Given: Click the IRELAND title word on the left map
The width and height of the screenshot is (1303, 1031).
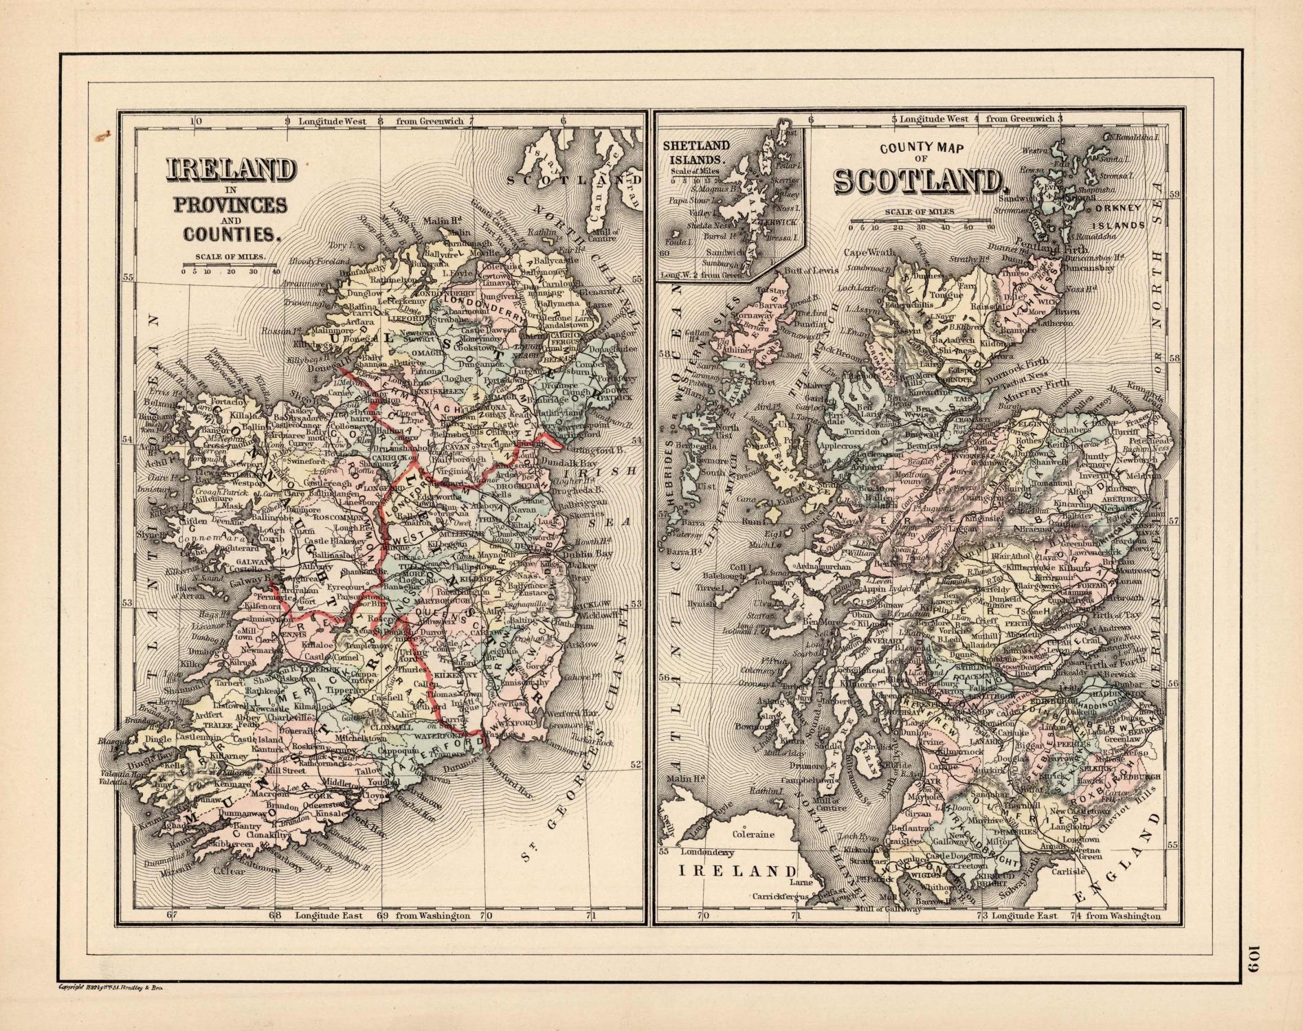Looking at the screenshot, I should point(231,170).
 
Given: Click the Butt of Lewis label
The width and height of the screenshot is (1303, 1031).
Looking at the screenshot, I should point(815,270).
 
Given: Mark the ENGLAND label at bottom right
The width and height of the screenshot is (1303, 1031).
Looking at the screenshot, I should point(1119,857).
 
